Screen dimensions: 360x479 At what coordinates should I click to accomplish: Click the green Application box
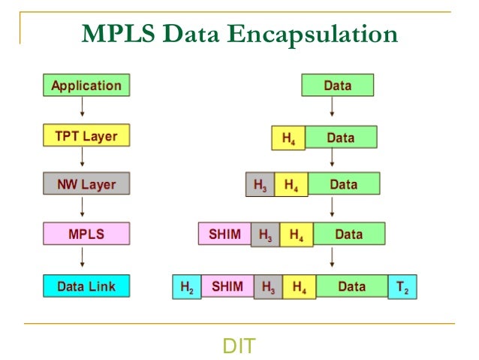[86, 85]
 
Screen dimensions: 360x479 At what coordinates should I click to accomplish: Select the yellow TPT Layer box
[86, 136]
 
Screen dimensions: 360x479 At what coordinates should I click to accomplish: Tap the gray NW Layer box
[86, 183]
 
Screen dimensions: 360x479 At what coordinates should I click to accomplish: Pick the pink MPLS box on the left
[86, 234]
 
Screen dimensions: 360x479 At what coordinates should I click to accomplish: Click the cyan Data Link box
[86, 286]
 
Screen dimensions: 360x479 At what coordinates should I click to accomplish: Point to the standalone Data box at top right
[337, 85]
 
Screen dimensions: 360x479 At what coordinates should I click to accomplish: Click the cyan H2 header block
[187, 286]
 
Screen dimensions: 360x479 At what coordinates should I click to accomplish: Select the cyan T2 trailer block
[402, 286]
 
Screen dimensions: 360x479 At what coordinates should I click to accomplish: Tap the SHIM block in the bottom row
[227, 286]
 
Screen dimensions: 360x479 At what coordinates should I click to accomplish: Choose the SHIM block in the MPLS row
[224, 234]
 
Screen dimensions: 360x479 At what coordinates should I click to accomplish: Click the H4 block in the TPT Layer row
[288, 138]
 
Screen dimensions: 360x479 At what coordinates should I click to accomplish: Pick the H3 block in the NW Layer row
[260, 184]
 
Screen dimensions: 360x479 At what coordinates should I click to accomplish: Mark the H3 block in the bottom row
[268, 286]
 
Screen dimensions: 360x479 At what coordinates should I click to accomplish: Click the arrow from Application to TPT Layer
[82, 110]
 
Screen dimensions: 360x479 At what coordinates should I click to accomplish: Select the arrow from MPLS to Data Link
[82, 260]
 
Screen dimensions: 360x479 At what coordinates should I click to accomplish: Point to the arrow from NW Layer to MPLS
[82, 209]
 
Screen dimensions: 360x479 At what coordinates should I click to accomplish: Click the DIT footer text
[239, 346]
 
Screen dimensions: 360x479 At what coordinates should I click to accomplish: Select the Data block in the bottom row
[351, 286]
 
